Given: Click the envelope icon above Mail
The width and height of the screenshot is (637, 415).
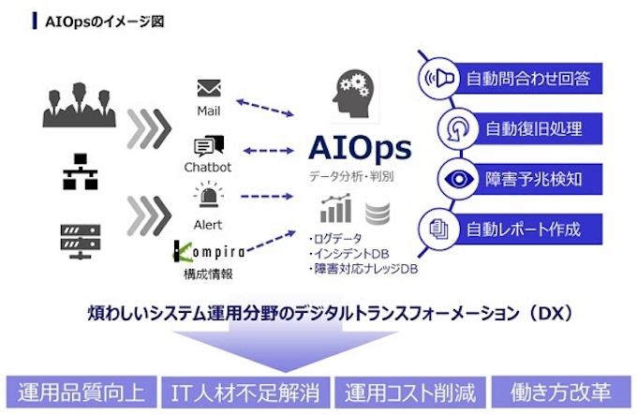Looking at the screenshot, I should (x=209, y=89).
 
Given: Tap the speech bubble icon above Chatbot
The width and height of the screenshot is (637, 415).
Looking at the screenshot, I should (x=209, y=145).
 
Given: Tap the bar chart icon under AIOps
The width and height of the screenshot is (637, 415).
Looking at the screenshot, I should (x=335, y=209).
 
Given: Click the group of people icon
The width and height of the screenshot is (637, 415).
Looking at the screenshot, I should (x=80, y=105).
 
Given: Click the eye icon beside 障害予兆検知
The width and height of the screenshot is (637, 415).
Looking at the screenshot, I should (x=460, y=178).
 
